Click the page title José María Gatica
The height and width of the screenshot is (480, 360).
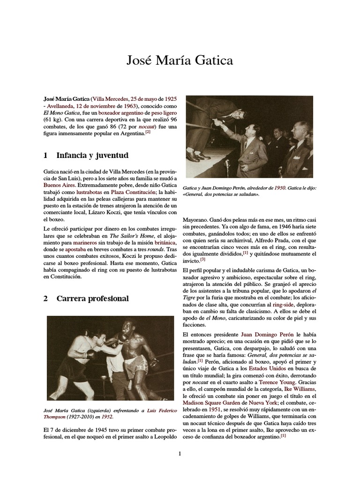[x=180, y=60]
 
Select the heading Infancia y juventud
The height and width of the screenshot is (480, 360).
[x=92, y=155]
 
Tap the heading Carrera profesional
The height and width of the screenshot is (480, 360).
[x=92, y=299]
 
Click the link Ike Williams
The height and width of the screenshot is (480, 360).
[x=300, y=389]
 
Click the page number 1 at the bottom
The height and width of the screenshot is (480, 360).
[x=180, y=453]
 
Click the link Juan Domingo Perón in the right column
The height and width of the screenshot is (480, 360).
[x=267, y=335]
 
